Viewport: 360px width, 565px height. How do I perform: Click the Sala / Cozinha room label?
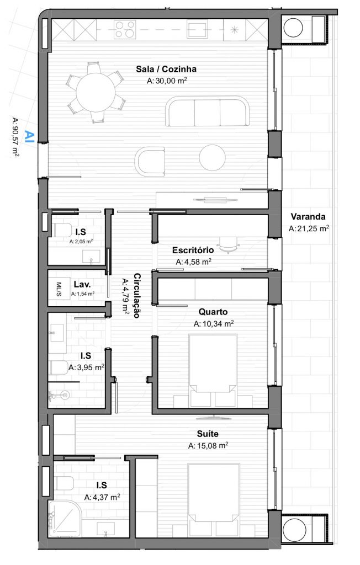pyautogui.click(x=166, y=69)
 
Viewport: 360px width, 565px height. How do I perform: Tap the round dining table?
pyautogui.click(x=96, y=92)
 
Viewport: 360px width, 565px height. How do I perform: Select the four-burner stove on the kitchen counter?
pyautogui.click(x=125, y=29)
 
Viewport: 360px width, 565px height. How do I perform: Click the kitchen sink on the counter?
pyautogui.click(x=197, y=29)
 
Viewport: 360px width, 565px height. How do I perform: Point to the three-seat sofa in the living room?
pyautogui.click(x=208, y=111)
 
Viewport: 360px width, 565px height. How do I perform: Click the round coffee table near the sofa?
pyautogui.click(x=213, y=157)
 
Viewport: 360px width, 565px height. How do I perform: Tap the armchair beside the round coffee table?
pyautogui.click(x=150, y=162)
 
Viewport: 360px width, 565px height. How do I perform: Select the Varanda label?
pyautogui.click(x=308, y=216)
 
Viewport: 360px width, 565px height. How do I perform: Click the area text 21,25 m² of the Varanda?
pyautogui.click(x=309, y=228)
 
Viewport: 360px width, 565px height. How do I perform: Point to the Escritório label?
pyautogui.click(x=193, y=250)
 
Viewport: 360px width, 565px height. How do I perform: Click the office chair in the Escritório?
pyautogui.click(x=230, y=245)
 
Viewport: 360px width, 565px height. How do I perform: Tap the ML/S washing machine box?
pyautogui.click(x=59, y=289)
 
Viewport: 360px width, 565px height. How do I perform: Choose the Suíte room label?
pyautogui.click(x=208, y=434)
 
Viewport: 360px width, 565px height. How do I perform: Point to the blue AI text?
pyautogui.click(x=30, y=136)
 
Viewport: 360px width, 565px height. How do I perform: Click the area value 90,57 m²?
pyautogui.click(x=15, y=137)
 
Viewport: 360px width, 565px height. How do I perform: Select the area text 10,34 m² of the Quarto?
pyautogui.click(x=214, y=323)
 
